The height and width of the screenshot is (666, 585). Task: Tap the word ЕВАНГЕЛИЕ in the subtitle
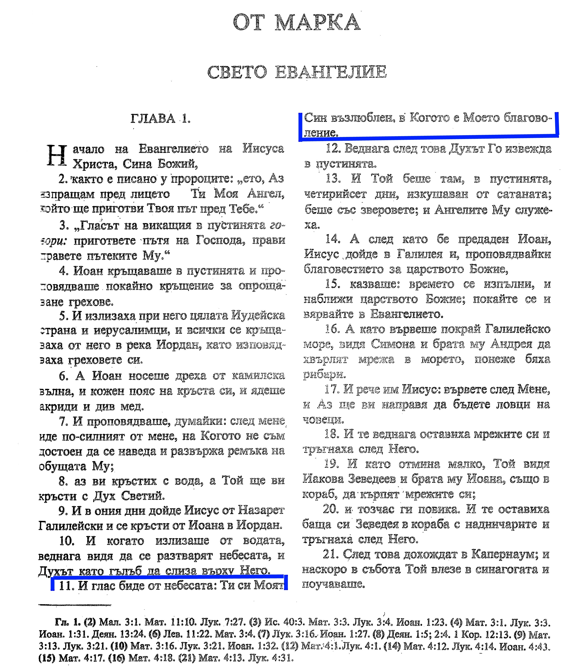331,72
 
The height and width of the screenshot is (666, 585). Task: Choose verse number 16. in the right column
332,329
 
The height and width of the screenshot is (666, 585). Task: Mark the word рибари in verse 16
324,375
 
